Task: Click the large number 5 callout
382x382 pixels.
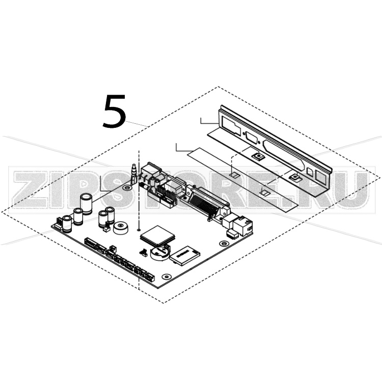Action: (x=114, y=111)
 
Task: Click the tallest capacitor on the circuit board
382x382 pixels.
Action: (x=86, y=202)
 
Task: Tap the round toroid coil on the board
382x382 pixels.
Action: (x=122, y=228)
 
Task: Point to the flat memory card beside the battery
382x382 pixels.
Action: (x=183, y=255)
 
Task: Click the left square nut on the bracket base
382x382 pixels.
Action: (x=258, y=156)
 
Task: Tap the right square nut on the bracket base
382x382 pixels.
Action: (x=294, y=178)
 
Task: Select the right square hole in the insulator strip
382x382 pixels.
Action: (x=264, y=193)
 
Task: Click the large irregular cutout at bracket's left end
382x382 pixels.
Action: (x=231, y=128)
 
